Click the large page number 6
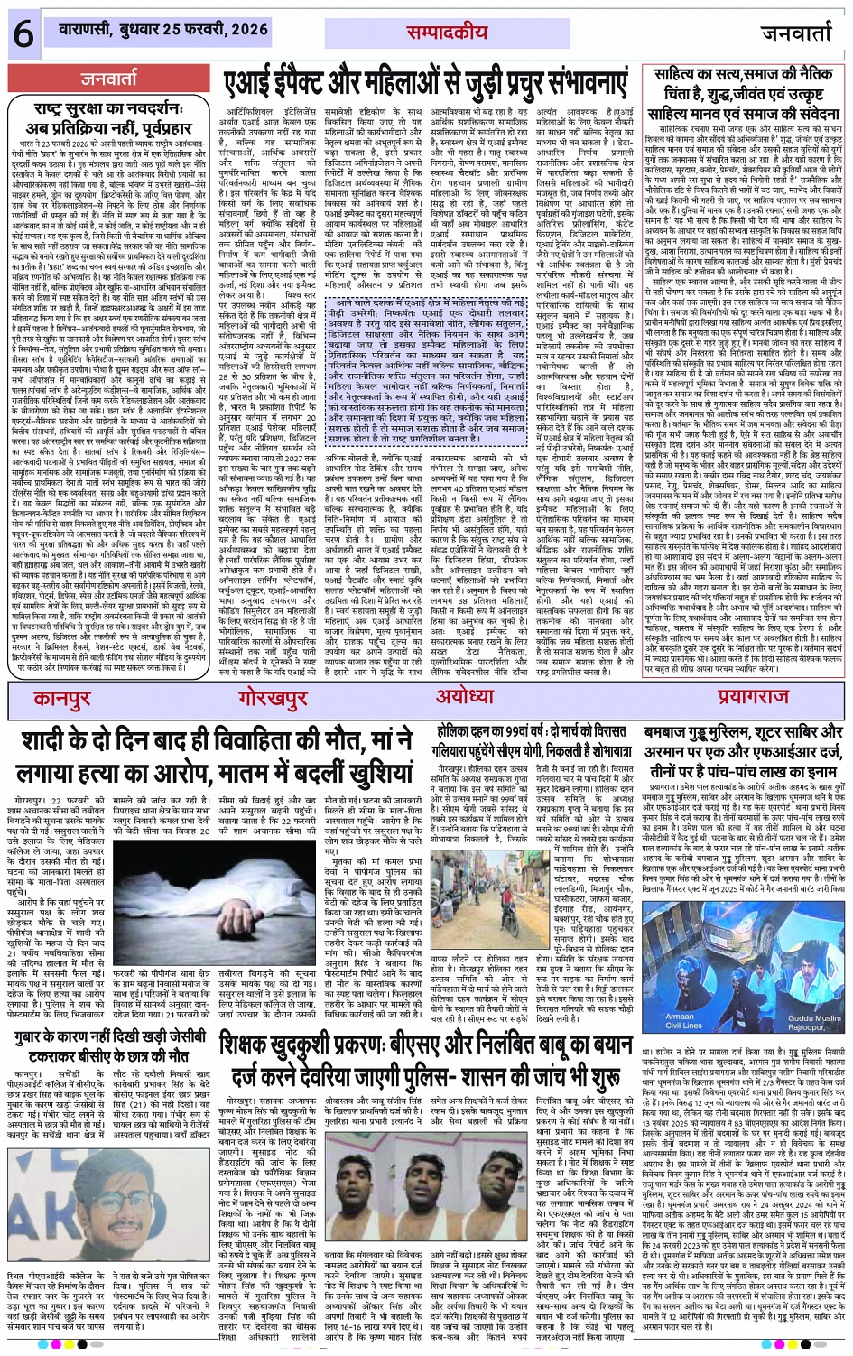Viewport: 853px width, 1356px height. tap(23, 35)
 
